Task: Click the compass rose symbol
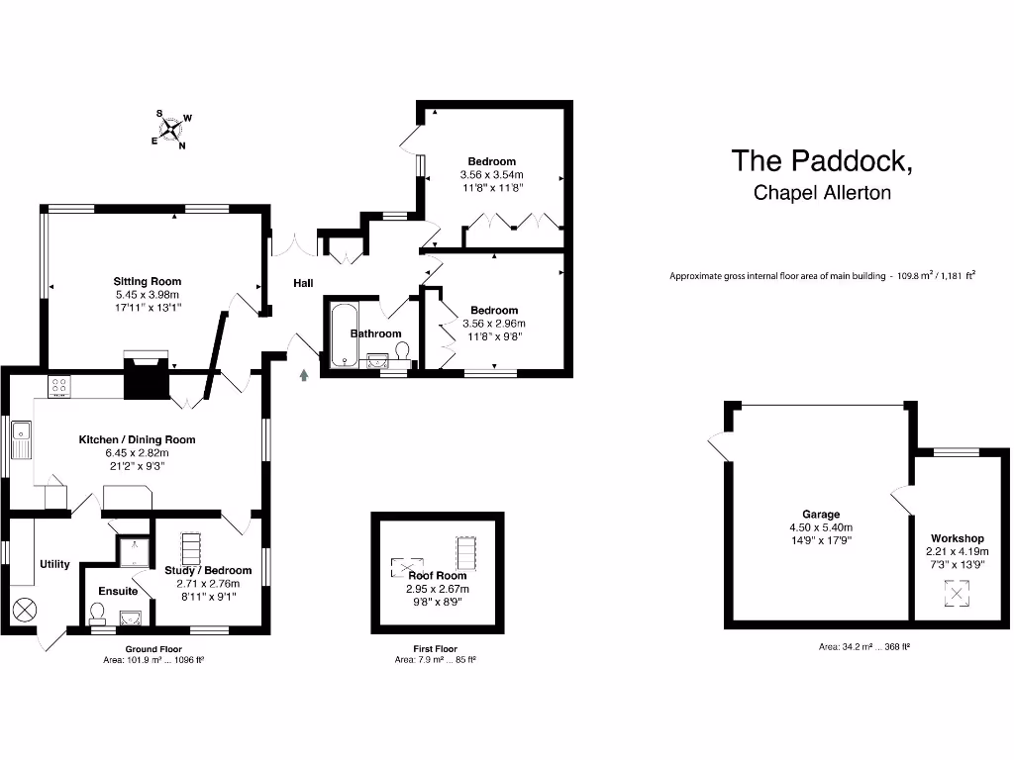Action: (x=171, y=128)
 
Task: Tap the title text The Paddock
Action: (x=821, y=160)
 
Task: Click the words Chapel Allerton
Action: (x=822, y=192)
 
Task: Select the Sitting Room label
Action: (x=148, y=281)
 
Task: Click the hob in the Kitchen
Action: (x=58, y=387)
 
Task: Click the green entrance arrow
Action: (x=304, y=374)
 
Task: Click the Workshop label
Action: (x=958, y=538)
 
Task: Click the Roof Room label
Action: (x=438, y=575)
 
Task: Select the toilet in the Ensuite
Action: (x=97, y=617)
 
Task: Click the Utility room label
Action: (x=54, y=564)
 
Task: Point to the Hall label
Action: (x=303, y=283)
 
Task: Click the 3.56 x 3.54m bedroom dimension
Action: (x=492, y=174)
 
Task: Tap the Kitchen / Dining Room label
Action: (x=138, y=439)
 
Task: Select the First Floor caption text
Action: (x=435, y=649)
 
